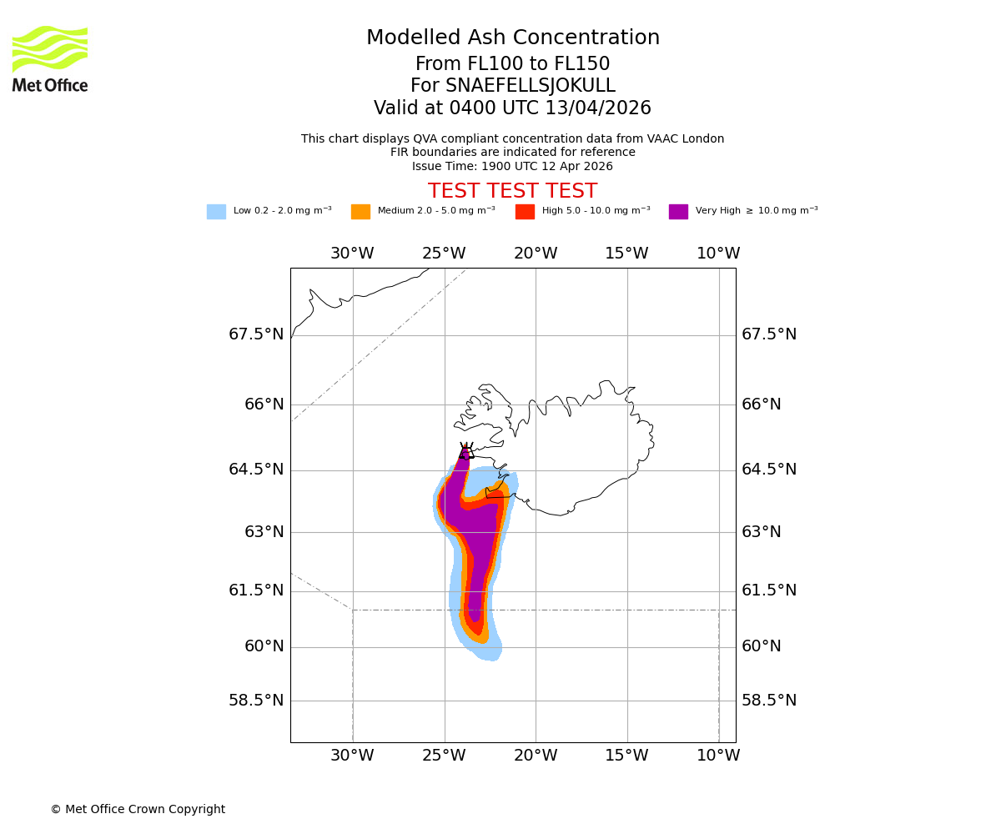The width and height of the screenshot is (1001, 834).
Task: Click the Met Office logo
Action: point(50,58)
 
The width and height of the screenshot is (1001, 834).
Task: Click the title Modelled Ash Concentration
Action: point(513,38)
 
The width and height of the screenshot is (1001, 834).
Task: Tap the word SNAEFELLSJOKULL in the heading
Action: point(513,86)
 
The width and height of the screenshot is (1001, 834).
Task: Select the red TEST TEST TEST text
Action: point(513,191)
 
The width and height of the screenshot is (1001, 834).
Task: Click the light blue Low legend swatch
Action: point(216,212)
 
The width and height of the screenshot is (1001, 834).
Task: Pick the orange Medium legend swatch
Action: point(360,212)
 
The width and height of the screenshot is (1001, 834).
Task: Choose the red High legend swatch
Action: point(525,212)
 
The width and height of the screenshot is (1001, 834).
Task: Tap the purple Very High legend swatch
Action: point(678,212)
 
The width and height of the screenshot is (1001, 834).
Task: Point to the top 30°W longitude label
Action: point(352,254)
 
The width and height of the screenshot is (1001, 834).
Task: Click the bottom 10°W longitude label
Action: point(718,756)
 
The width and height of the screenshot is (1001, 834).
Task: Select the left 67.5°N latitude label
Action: point(256,334)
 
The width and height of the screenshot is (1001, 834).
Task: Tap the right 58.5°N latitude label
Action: point(769,701)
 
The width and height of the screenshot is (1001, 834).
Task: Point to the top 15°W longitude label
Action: point(626,254)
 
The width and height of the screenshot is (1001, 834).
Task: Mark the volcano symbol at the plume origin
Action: point(465,451)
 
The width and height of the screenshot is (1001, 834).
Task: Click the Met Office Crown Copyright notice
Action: point(138,810)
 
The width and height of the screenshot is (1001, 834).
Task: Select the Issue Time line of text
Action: point(513,166)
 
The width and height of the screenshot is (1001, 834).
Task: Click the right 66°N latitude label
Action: point(762,404)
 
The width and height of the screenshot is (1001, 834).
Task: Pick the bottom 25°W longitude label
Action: point(444,756)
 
